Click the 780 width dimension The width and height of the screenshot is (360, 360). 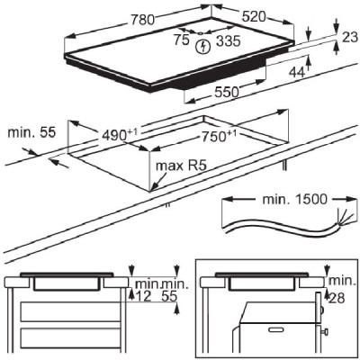142,20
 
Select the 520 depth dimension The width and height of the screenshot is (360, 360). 254,17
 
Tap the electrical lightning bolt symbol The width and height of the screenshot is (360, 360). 203,47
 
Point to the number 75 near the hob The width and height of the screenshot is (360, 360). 181,40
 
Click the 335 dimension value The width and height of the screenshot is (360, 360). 229,40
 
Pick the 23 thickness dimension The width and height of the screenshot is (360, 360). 350,37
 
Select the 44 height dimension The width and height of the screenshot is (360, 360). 297,72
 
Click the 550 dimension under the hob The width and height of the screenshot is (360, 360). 227,92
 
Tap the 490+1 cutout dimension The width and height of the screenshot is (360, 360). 120,135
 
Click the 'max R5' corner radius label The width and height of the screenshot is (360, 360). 181,166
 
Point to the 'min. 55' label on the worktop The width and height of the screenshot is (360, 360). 31,132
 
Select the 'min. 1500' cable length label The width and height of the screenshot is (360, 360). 294,199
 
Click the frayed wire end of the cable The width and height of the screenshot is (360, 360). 344,219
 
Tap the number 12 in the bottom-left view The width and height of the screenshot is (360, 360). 143,296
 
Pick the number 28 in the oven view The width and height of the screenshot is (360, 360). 337,298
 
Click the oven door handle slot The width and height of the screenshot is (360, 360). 274,330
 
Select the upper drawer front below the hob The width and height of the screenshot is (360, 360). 70,312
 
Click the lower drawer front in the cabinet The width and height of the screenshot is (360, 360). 70,338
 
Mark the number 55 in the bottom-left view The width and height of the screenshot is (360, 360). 169,296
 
